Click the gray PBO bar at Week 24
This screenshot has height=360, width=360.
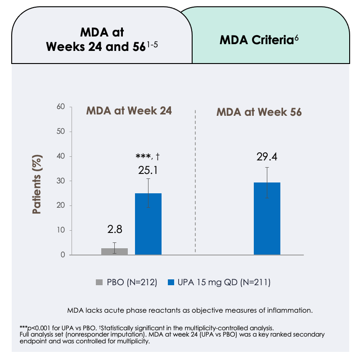click(x=114, y=251)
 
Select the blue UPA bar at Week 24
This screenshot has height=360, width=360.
click(x=148, y=224)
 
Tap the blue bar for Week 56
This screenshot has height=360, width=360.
click(x=267, y=219)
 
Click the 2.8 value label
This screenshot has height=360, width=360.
click(x=114, y=230)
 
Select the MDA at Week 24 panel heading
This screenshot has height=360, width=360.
click(x=130, y=111)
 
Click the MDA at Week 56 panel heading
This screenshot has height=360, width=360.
click(x=259, y=112)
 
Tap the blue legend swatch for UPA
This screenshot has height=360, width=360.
click(x=171, y=283)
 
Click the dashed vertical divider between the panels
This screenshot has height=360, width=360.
click(x=196, y=180)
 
